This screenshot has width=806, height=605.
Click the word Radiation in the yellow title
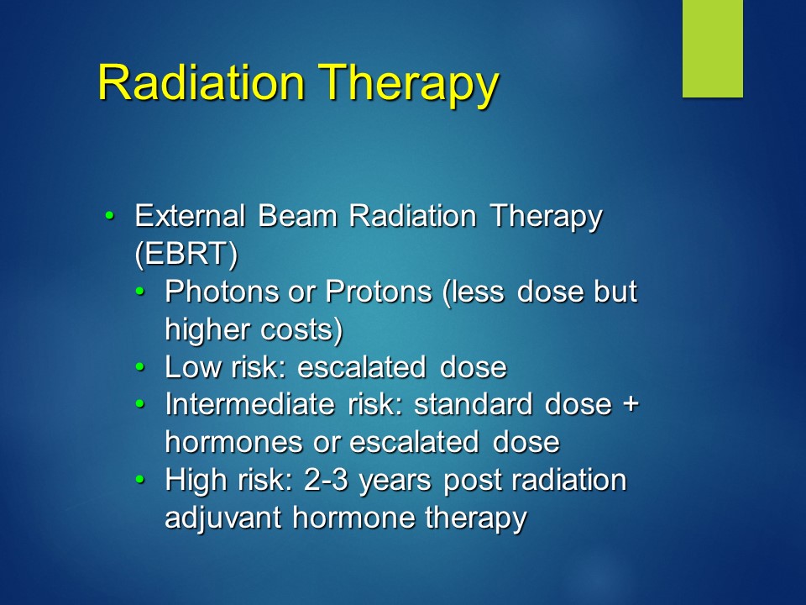[201, 82]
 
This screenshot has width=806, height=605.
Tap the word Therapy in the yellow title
[409, 85]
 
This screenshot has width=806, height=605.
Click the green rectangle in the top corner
[713, 49]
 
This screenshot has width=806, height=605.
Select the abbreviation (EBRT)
[186, 253]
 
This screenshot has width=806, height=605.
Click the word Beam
[297, 216]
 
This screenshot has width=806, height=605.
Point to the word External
[190, 216]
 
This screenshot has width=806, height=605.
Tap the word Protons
[379, 292]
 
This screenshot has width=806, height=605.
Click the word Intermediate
[250, 404]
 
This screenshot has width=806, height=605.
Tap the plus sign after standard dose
[631, 405]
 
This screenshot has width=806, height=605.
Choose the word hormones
[233, 442]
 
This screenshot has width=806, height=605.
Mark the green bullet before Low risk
[140, 367]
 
